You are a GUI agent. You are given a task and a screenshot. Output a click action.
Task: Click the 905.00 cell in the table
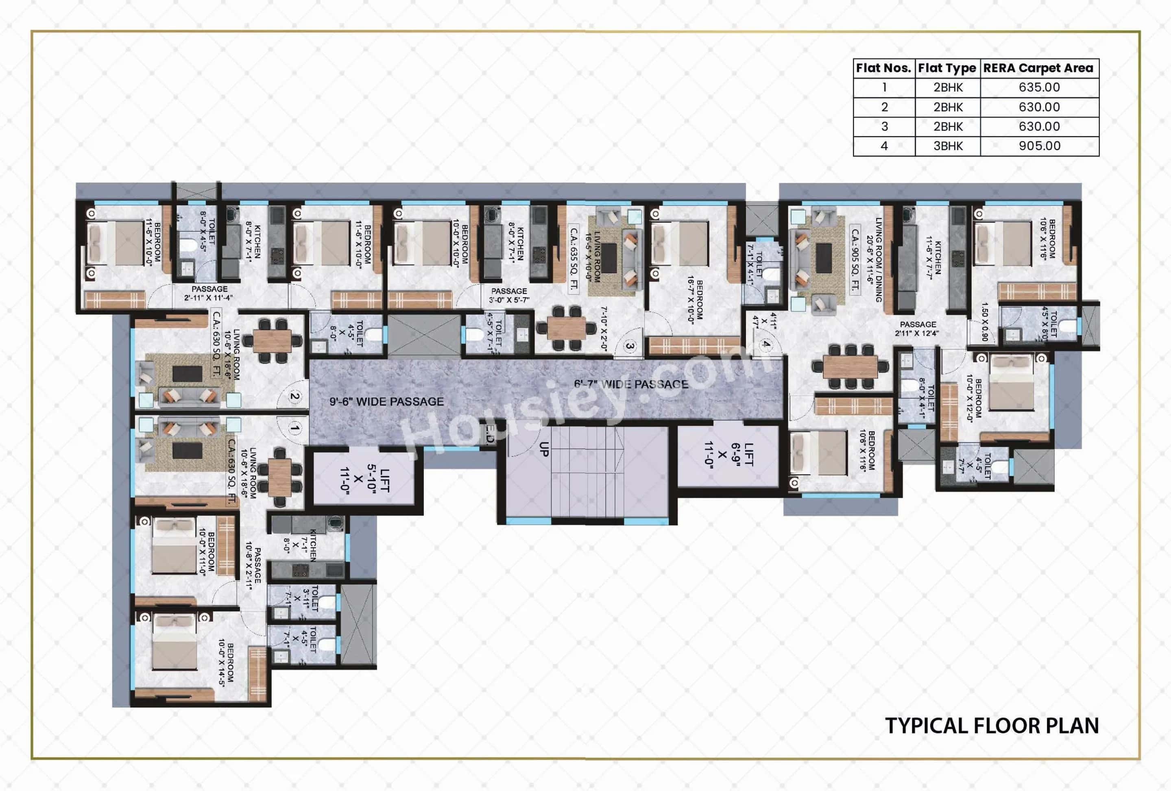pyautogui.click(x=1039, y=146)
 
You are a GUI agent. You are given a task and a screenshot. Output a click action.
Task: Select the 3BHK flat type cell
pyautogui.click(x=948, y=146)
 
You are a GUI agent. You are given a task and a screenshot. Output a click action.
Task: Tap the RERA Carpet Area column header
pyautogui.click(x=1038, y=68)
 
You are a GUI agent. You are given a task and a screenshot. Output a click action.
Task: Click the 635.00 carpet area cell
pyautogui.click(x=1039, y=87)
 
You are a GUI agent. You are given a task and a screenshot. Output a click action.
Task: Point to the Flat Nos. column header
pyautogui.click(x=884, y=68)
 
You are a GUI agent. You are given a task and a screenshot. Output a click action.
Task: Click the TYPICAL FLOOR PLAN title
pyautogui.click(x=992, y=726)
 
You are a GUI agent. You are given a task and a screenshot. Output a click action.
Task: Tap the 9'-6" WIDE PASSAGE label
pyautogui.click(x=386, y=401)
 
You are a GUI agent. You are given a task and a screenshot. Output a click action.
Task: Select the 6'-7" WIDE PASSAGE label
pyautogui.click(x=631, y=384)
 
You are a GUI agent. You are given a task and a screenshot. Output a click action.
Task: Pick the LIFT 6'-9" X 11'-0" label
pyautogui.click(x=728, y=455)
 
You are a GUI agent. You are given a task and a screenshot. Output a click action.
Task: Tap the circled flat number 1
pyautogui.click(x=295, y=428)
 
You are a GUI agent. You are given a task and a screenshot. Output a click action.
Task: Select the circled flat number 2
pyautogui.click(x=295, y=397)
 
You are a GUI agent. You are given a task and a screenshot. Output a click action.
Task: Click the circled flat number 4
pyautogui.click(x=766, y=344)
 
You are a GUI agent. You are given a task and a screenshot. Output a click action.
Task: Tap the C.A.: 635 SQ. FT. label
pyautogui.click(x=574, y=258)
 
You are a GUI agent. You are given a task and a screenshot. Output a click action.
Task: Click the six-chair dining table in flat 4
pyautogui.click(x=850, y=366)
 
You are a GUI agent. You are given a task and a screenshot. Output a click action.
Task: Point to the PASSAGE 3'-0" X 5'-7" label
pyautogui.click(x=509, y=295)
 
